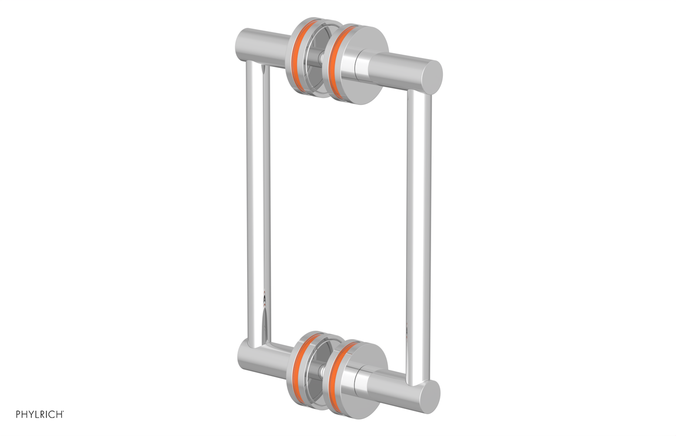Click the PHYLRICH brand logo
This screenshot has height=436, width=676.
pos(39,414)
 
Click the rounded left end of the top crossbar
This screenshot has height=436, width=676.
pos(243,44)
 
